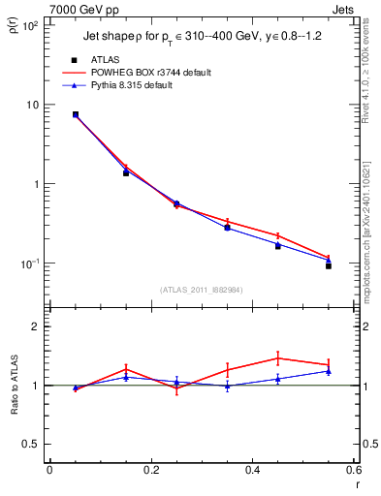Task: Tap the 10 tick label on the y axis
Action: tap(31, 105)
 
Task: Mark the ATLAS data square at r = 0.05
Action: tap(76, 114)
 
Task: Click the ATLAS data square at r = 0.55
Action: tap(329, 265)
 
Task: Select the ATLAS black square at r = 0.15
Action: tap(126, 172)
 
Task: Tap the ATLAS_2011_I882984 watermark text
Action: tap(201, 290)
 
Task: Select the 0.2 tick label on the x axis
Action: tap(150, 470)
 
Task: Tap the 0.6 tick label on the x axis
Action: tap(352, 470)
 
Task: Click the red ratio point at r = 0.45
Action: tap(278, 358)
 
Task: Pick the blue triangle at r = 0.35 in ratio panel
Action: tap(228, 386)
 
